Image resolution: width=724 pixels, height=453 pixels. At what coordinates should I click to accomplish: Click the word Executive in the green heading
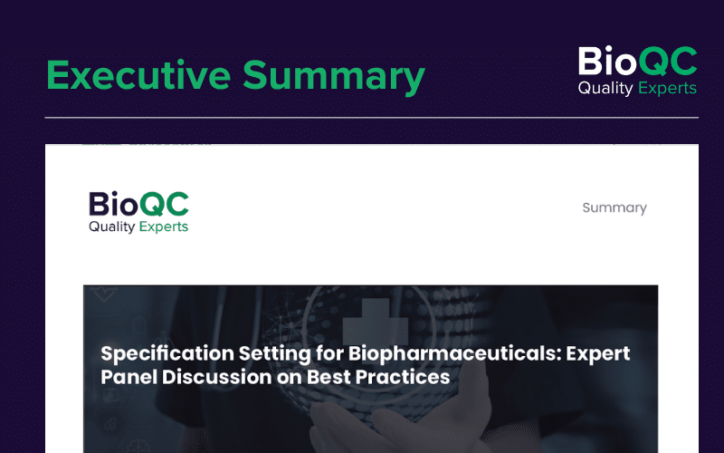tap(138, 75)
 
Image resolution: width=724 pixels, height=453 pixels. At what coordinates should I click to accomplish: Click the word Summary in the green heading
tap(334, 77)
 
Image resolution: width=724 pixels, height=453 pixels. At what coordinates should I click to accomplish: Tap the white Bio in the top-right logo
tap(607, 61)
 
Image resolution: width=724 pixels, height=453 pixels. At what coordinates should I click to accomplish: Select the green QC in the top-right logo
tap(668, 62)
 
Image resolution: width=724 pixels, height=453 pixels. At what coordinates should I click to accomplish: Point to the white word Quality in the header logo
tap(605, 88)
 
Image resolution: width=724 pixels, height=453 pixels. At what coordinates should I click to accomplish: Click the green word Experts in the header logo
tap(667, 88)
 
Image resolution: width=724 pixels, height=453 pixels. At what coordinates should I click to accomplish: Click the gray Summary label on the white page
tap(614, 208)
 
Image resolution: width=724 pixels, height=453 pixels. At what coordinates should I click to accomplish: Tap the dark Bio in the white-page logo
tap(114, 204)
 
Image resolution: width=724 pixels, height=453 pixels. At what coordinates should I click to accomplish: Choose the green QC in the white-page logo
tap(164, 205)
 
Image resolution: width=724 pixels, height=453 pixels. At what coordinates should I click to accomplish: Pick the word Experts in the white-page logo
tap(164, 227)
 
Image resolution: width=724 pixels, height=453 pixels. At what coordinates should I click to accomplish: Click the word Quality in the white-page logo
tap(111, 226)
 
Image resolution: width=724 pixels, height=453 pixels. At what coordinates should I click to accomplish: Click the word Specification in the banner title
tap(167, 353)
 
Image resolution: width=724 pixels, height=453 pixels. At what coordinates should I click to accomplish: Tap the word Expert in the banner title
tap(598, 354)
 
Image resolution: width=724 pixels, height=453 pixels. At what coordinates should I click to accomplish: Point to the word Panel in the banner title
tap(129, 377)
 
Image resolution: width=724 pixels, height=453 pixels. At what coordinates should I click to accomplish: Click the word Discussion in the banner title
tap(216, 377)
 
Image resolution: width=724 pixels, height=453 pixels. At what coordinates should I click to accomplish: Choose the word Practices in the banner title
tap(403, 377)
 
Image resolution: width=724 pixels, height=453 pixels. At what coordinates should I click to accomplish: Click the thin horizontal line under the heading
tap(372, 118)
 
